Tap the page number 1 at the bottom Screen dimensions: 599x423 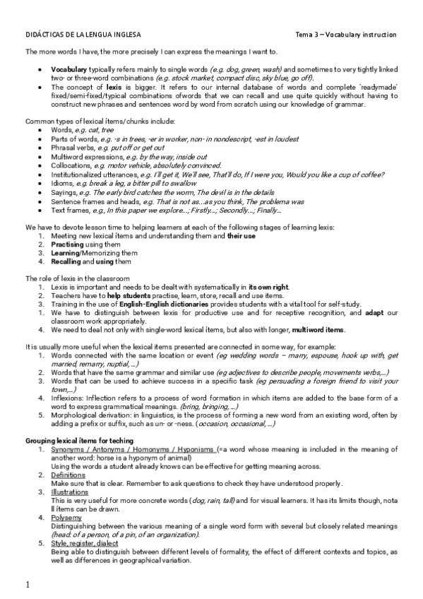28,585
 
